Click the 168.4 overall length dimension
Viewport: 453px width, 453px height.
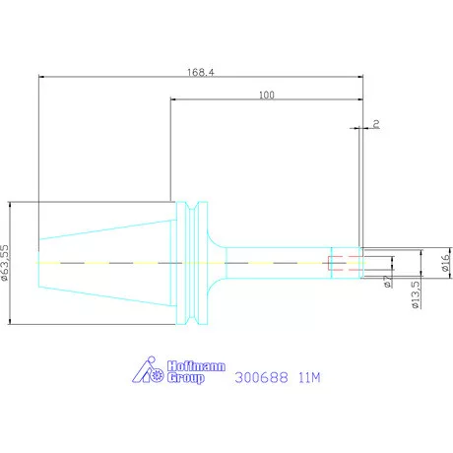click(201, 72)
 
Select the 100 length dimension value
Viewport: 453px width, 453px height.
click(267, 95)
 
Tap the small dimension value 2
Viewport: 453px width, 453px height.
click(376, 124)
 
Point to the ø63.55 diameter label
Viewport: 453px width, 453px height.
click(5, 263)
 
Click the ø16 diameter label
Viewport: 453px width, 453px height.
click(445, 263)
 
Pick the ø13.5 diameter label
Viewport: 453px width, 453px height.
click(416, 294)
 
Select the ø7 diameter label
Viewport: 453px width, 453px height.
click(388, 282)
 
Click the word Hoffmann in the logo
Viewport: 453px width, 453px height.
click(196, 366)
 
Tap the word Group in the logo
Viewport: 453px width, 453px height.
click(186, 378)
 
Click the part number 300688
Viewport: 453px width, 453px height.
click(261, 377)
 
